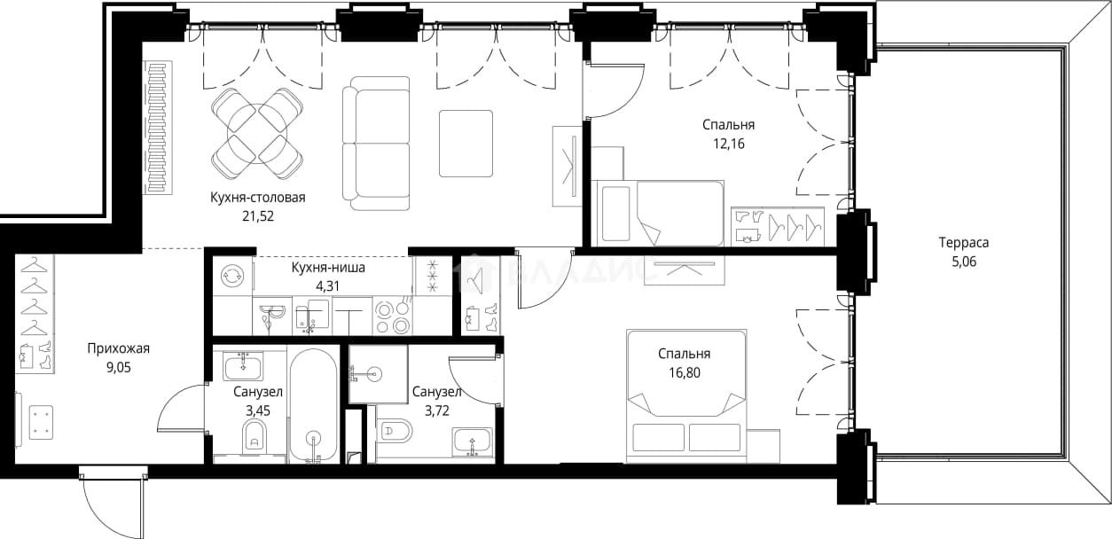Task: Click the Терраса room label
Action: [964, 243]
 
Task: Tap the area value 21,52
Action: [258, 216]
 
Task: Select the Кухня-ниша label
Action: [328, 268]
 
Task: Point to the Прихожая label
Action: [118, 348]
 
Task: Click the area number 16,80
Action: [684, 372]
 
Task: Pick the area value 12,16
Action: [729, 144]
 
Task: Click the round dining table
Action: [257, 133]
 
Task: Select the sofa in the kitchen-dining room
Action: [376, 144]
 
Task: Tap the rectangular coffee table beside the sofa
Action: [466, 144]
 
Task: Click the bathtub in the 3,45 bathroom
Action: [313, 406]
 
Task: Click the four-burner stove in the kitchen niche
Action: [392, 316]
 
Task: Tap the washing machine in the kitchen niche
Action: [232, 276]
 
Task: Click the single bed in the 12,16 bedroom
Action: [661, 214]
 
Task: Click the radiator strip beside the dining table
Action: [158, 127]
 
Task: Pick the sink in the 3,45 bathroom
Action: [243, 367]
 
